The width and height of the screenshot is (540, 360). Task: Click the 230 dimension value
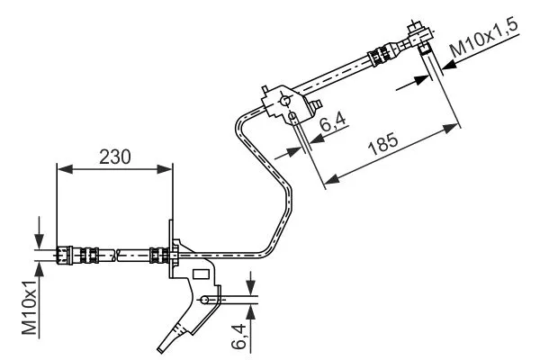click(x=114, y=156)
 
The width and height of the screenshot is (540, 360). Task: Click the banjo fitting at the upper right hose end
click(x=418, y=37)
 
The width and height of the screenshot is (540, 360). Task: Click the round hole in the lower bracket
click(x=206, y=300)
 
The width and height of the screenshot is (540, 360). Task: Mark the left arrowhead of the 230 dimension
click(x=61, y=167)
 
